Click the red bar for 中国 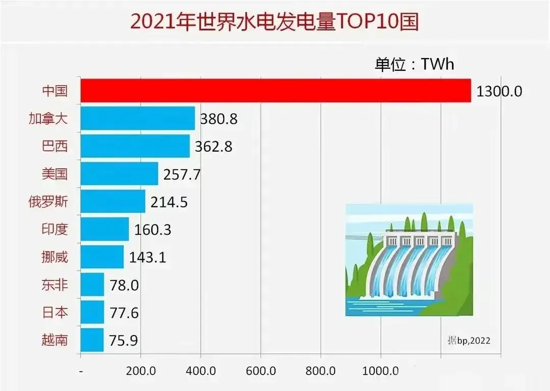[x=276, y=91]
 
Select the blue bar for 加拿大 [x=137, y=118]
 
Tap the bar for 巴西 [x=135, y=146]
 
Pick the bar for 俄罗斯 [x=113, y=202]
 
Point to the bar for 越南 [x=92, y=340]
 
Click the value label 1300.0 [x=500, y=92]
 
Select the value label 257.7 [x=182, y=175]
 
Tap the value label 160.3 [x=153, y=230]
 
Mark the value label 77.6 [x=124, y=313]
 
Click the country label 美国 [x=54, y=174]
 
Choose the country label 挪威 [x=54, y=257]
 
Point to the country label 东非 [x=54, y=285]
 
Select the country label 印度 [x=54, y=229]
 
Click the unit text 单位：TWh [x=414, y=65]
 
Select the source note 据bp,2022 [x=469, y=340]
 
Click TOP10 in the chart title [x=363, y=22]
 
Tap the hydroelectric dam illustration [x=409, y=260]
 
